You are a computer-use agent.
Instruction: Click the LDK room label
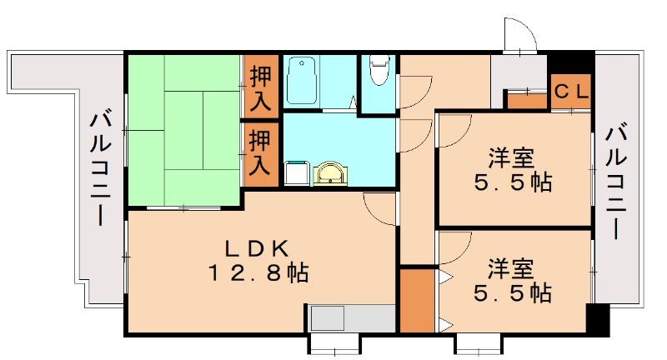coord(258,247)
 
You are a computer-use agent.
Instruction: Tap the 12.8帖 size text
coord(258,271)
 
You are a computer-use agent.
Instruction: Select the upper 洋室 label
coord(511,157)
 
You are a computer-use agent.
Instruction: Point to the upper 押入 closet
coord(261,87)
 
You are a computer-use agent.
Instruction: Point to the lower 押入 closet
coord(261,154)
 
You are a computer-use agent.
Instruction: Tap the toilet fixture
coord(379,70)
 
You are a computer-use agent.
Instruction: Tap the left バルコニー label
coord(101,171)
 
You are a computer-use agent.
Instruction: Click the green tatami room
coord(183,129)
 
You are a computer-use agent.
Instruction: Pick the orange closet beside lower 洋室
coord(418,300)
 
